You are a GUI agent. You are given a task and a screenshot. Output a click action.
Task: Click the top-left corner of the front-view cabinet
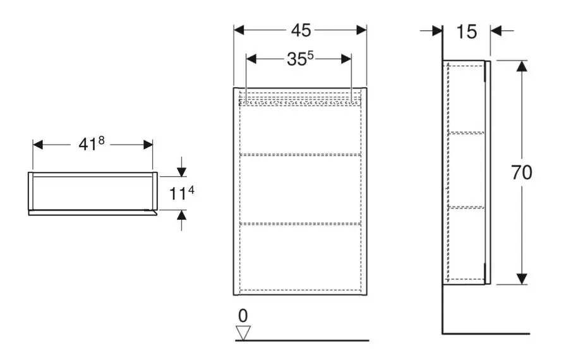(234, 88)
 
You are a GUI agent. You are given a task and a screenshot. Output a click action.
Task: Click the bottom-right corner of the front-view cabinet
(366, 294)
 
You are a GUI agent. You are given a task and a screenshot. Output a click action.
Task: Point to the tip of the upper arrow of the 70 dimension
(522, 61)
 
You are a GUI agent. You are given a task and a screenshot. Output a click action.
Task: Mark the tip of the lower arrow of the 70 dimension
(522, 284)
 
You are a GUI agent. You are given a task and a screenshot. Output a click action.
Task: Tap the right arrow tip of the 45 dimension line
(366, 30)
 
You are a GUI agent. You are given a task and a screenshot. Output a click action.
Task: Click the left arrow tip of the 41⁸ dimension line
(33, 145)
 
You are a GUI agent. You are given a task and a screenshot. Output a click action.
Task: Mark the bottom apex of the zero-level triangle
(243, 340)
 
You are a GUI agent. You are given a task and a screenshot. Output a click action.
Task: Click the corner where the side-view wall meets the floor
(442, 333)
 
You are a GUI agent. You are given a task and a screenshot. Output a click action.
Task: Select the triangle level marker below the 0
(243, 333)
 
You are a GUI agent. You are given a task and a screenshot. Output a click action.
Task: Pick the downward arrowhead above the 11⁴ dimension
(181, 171)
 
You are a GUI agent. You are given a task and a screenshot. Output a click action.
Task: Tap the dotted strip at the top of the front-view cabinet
(300, 102)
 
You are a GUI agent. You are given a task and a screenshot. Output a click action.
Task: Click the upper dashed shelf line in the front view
(300, 155)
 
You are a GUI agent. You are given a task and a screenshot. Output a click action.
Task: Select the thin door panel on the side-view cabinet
(488, 172)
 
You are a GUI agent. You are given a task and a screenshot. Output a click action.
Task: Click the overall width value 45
(301, 30)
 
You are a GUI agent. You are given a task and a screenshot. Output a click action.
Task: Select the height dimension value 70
(522, 172)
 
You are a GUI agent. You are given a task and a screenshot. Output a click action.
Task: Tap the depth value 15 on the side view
(467, 32)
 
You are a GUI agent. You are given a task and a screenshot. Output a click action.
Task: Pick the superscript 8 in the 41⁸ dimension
(101, 140)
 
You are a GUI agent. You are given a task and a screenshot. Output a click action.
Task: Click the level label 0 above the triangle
(243, 316)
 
